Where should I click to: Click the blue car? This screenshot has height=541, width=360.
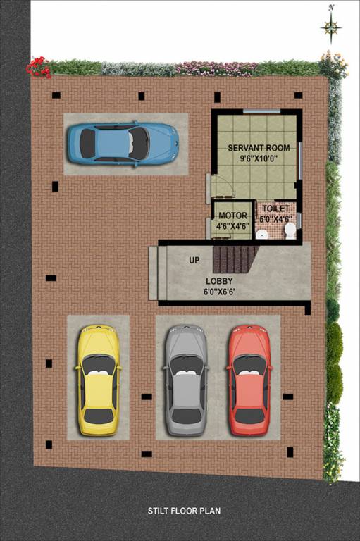pos(123,143)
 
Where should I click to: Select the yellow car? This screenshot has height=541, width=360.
pos(98,380)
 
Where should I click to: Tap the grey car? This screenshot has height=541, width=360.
pos(186,381)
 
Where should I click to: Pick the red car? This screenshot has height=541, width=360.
pos(249,380)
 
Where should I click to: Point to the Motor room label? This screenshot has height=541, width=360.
pos(231,216)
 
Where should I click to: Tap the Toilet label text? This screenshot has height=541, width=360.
pos(275,209)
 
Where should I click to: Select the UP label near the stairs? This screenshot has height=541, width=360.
pos(194,261)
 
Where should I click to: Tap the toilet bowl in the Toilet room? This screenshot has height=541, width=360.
pos(290,231)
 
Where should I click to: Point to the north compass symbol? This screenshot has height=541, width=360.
pos(331,27)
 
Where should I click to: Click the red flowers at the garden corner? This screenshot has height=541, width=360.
pos(38,67)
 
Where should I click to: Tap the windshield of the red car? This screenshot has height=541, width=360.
pos(249,365)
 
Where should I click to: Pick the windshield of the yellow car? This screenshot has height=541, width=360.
pos(99,364)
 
